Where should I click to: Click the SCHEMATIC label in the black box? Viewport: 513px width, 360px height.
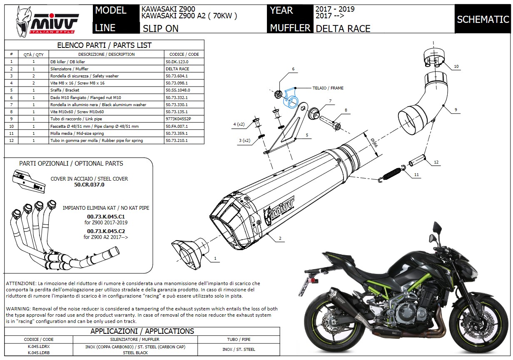[483, 20]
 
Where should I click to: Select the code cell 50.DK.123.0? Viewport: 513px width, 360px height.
[177, 62]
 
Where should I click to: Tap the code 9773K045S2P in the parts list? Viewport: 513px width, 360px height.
[179, 119]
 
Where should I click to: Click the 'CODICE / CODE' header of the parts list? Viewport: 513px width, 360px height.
[184, 54]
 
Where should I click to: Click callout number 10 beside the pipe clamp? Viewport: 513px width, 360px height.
[456, 67]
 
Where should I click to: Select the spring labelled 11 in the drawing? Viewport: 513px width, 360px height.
[392, 173]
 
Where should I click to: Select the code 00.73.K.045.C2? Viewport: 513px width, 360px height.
[106, 231]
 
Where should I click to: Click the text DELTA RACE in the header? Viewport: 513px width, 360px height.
[343, 29]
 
